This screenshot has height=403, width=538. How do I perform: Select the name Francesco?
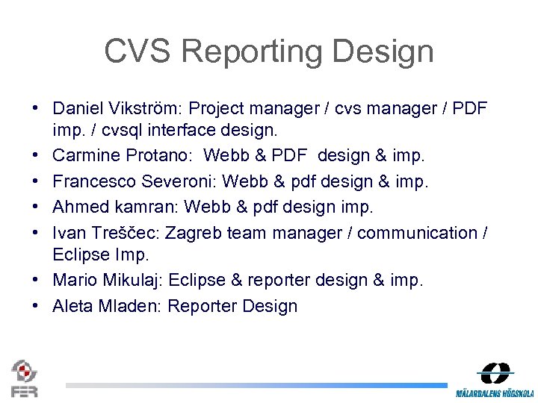(x=93, y=181)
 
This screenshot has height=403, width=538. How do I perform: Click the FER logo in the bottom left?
(x=24, y=378)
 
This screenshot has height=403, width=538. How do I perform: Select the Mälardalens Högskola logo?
(x=495, y=380)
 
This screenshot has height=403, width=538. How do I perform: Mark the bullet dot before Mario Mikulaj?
(x=36, y=281)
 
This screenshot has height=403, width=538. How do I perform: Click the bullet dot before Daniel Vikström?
(x=36, y=109)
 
